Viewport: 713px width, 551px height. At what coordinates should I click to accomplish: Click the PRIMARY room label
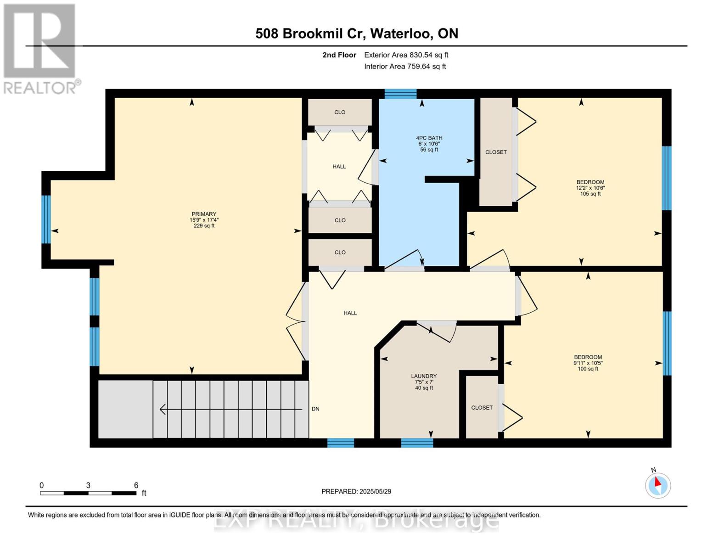click(204, 214)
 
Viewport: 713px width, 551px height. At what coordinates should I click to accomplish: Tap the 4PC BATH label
click(429, 138)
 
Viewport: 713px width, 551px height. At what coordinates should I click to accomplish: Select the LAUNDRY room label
click(424, 377)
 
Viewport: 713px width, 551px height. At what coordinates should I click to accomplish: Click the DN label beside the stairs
click(315, 409)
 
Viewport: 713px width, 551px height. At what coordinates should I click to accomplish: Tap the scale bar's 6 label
click(136, 485)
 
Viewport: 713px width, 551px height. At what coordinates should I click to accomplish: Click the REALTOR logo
click(40, 49)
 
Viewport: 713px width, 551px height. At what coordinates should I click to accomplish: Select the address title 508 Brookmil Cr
click(356, 34)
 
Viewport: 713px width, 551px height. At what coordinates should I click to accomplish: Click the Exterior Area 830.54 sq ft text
click(406, 55)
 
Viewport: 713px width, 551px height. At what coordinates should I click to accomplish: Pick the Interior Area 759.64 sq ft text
click(405, 67)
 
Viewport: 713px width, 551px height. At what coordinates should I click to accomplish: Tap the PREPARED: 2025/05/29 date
click(356, 492)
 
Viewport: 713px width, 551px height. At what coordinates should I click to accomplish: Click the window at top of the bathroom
click(400, 94)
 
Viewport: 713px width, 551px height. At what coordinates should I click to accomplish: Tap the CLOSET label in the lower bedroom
click(482, 408)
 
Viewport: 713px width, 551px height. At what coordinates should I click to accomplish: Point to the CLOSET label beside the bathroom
click(496, 152)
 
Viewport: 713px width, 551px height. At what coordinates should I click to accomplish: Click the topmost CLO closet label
click(340, 112)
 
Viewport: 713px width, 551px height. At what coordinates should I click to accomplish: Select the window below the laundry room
click(417, 443)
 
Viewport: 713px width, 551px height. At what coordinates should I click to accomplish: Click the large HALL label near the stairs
click(350, 313)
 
